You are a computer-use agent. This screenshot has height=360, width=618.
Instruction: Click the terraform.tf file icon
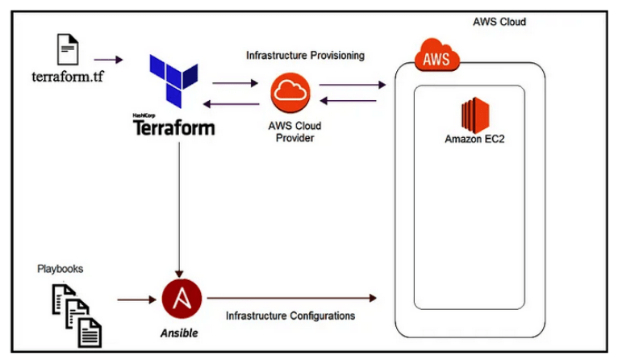click(x=68, y=49)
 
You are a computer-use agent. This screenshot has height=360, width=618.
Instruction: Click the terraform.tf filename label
click(x=68, y=76)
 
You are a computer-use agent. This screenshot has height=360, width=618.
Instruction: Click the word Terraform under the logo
click(x=173, y=128)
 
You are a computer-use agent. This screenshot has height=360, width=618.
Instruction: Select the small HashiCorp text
click(x=144, y=115)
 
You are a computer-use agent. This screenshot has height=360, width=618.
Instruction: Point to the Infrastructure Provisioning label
click(x=305, y=56)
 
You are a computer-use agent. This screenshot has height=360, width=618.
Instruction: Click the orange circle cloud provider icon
click(x=290, y=93)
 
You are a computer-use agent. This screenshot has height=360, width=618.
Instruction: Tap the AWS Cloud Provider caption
click(x=294, y=132)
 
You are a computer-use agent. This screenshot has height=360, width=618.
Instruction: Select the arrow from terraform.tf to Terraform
click(x=108, y=60)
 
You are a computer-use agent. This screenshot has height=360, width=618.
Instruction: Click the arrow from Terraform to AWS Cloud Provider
click(x=236, y=83)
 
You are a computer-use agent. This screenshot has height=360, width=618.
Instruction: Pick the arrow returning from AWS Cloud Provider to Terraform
click(x=231, y=104)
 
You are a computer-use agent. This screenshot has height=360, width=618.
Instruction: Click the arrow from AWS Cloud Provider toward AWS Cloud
click(x=353, y=85)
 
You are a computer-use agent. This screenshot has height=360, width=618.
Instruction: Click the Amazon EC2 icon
click(x=475, y=115)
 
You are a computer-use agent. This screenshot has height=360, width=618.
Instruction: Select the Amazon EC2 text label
click(x=474, y=139)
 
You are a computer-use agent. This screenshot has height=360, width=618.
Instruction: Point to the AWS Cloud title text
click(x=499, y=22)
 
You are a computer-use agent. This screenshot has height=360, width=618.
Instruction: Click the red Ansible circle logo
click(x=182, y=299)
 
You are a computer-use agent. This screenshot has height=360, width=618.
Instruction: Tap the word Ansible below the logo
click(x=179, y=333)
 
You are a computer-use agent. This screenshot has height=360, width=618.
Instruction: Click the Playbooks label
click(x=60, y=269)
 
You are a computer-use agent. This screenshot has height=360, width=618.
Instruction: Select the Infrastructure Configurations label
click(x=290, y=316)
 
